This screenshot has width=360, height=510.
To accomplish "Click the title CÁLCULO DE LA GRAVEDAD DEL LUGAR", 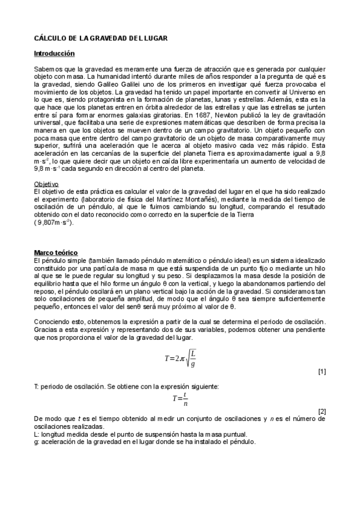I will coord(100,38).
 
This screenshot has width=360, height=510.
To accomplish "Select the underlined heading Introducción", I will coord(54,54).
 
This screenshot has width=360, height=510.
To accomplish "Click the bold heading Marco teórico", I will coord(55,252).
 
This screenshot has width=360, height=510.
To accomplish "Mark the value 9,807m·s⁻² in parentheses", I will coord(55,223).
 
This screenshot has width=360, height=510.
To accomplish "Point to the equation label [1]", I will coord(322,372).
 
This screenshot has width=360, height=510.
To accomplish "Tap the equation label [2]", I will coord(322,411).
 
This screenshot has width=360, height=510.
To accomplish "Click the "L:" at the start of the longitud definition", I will coord(37,434).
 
